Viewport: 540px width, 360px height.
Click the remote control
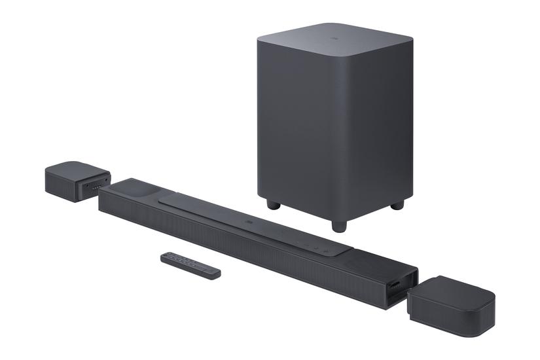[190, 264]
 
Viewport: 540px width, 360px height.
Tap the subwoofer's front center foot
[338, 225]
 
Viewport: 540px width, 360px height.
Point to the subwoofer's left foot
[274, 204]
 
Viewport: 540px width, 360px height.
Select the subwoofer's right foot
[397, 205]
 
